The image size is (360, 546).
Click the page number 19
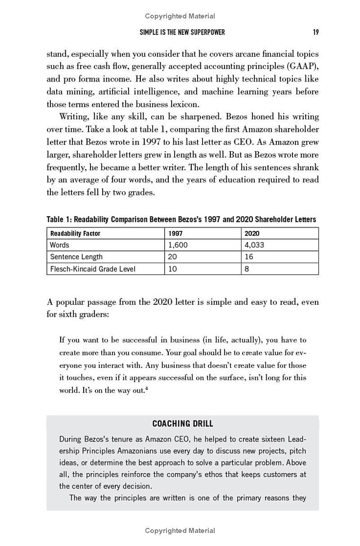point(316,32)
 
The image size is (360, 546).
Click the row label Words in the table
point(59,245)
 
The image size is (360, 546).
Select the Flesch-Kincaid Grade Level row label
point(92,269)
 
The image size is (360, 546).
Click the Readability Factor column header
point(75,233)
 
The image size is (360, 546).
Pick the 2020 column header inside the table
point(252,233)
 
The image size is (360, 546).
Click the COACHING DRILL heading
point(183,424)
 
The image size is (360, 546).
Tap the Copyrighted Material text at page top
point(180,16)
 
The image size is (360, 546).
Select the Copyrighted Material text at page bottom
point(180,531)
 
